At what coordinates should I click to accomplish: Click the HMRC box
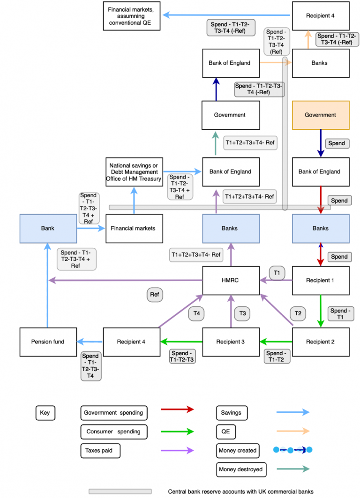point(231,281)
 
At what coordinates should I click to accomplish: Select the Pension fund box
point(48,342)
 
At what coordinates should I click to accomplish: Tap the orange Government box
point(320,115)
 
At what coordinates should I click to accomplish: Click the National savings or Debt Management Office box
point(134,172)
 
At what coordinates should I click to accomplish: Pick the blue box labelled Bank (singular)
point(48,228)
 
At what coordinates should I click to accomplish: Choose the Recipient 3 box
point(231,342)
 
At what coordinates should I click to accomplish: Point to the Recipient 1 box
point(320,281)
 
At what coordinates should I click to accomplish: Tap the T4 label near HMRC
point(196,313)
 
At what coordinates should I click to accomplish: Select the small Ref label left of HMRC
point(154,295)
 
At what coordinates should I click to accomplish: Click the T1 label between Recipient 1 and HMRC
point(277,273)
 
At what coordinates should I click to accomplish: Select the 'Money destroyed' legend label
point(241,469)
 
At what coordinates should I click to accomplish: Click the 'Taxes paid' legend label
point(100,451)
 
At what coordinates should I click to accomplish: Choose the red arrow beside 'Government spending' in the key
point(177,409)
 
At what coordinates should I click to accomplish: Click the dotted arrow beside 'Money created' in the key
point(292,450)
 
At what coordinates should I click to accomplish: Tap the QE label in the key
point(226,431)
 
